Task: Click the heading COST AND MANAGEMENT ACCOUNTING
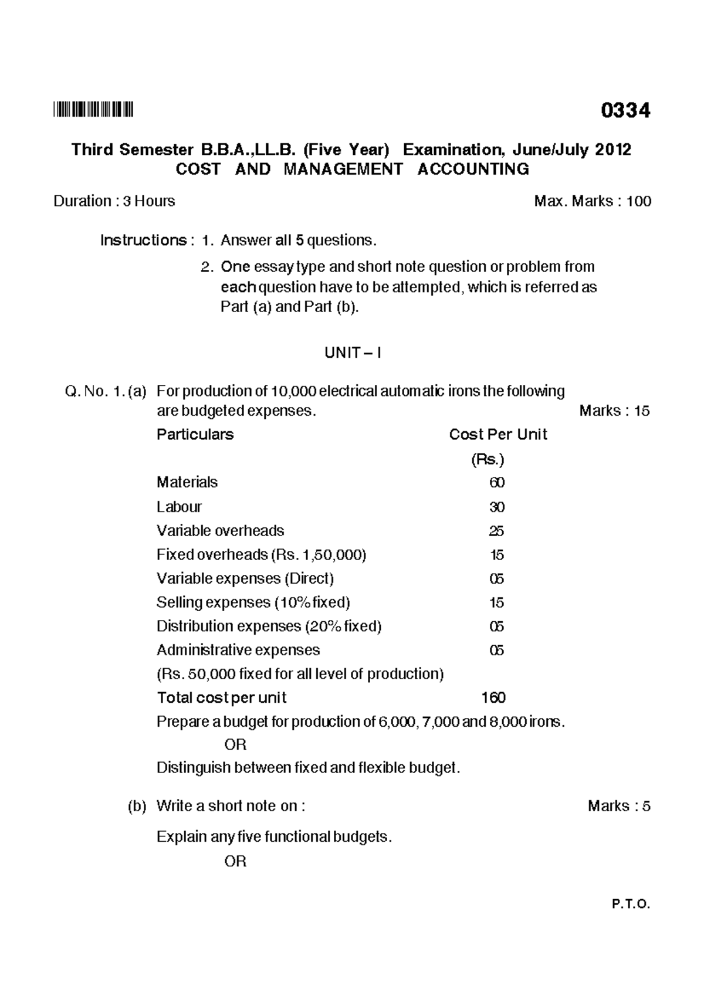[x=352, y=170]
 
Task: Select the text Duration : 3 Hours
[x=114, y=201]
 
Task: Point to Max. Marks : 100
[x=592, y=201]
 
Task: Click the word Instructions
[x=143, y=240]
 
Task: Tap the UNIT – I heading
[x=353, y=353]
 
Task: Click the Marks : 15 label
[x=614, y=411]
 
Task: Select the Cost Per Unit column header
[x=497, y=435]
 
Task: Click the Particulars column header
[x=195, y=435]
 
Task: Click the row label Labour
[x=179, y=507]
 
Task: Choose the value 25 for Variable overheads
[x=496, y=531]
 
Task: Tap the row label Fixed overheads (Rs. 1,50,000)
[x=261, y=555]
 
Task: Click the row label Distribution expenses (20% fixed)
[x=269, y=626]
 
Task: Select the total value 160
[x=493, y=697]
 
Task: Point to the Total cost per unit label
[x=221, y=697]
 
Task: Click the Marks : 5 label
[x=618, y=806]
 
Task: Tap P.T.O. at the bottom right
[x=631, y=921]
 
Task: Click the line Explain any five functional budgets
[x=274, y=836]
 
